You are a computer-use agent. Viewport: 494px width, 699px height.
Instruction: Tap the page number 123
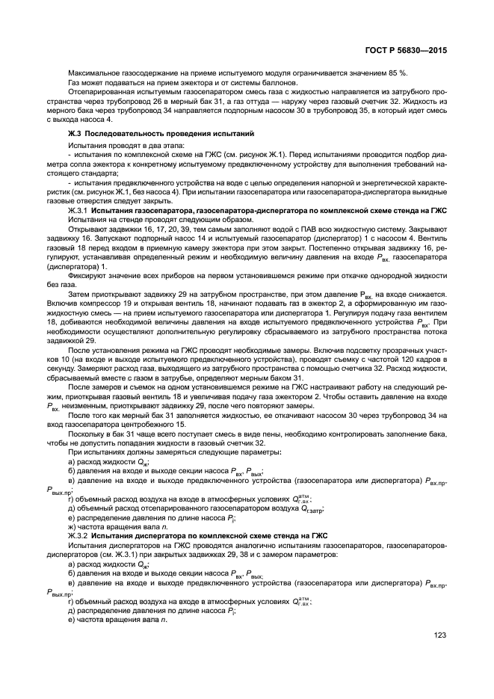coord(439,635)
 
